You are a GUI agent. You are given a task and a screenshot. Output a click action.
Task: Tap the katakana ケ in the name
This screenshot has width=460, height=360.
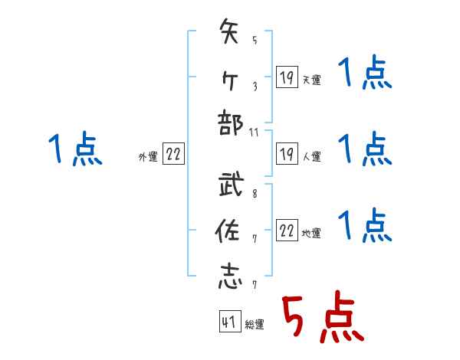[230, 78]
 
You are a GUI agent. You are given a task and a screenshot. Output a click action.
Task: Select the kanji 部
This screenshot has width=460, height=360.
[230, 125]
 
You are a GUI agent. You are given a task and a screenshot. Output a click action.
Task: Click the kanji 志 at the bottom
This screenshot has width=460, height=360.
[230, 277]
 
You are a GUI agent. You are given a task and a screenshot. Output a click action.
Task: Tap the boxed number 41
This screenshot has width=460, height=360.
[228, 322]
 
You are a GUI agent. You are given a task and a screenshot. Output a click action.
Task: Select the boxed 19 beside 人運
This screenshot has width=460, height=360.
[286, 153]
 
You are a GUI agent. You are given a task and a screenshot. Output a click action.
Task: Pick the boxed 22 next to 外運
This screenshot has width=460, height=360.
[173, 154]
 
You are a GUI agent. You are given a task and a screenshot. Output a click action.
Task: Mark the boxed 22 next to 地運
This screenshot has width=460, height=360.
[287, 231]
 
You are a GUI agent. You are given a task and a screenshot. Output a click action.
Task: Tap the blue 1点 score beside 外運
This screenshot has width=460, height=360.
[75, 149]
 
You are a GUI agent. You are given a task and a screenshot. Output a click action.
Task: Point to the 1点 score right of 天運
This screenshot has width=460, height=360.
[366, 74]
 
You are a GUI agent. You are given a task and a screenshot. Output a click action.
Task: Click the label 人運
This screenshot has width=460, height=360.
[311, 157]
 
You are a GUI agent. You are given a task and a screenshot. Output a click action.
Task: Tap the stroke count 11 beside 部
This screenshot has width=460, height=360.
[255, 133]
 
